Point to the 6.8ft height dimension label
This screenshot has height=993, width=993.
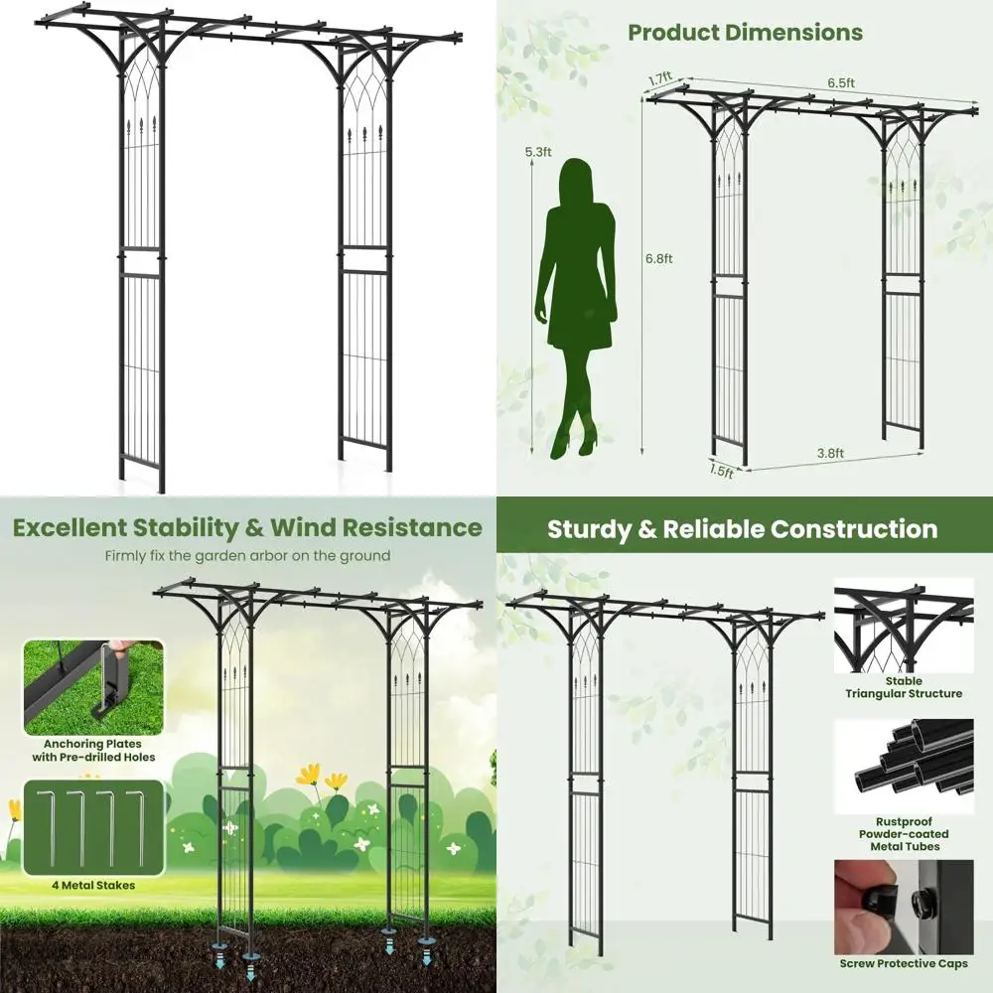[x=660, y=259]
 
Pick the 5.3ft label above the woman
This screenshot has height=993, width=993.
[x=538, y=152]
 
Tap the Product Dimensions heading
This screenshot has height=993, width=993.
[x=745, y=32]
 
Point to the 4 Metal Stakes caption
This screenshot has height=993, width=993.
[x=90, y=885]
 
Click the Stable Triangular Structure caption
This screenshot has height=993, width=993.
[x=904, y=687]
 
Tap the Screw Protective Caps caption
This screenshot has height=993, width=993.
[x=904, y=963]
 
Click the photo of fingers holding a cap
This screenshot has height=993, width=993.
[x=904, y=904]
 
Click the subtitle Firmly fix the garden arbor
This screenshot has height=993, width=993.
[x=247, y=556]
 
